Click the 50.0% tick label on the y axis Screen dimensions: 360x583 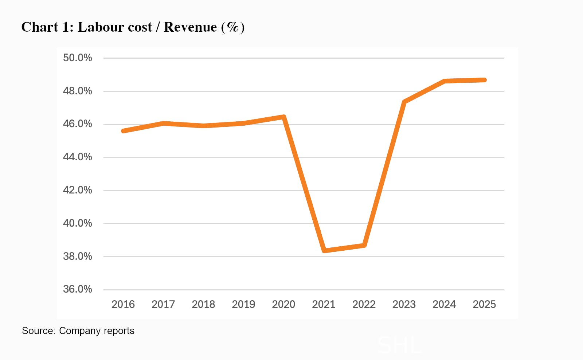(x=77, y=58)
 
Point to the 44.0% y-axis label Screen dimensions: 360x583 (x=77, y=157)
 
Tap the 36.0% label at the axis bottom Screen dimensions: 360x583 (x=77, y=289)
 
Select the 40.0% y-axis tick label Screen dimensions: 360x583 (x=77, y=223)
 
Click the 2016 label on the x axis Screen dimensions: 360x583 (x=123, y=304)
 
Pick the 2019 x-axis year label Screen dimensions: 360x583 (x=243, y=304)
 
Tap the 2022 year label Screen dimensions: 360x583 (x=364, y=304)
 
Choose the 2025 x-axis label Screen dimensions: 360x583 (x=484, y=304)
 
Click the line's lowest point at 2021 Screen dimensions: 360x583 (x=324, y=251)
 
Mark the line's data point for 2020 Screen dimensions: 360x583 (x=284, y=117)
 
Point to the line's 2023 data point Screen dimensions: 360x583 (x=404, y=102)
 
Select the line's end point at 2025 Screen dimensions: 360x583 (x=484, y=80)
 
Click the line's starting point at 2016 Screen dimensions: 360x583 (x=124, y=131)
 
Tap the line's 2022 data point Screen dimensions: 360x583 (x=364, y=246)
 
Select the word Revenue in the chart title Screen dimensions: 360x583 (x=190, y=27)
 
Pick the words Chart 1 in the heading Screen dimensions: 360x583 (x=45, y=27)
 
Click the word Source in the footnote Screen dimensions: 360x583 (x=38, y=331)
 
